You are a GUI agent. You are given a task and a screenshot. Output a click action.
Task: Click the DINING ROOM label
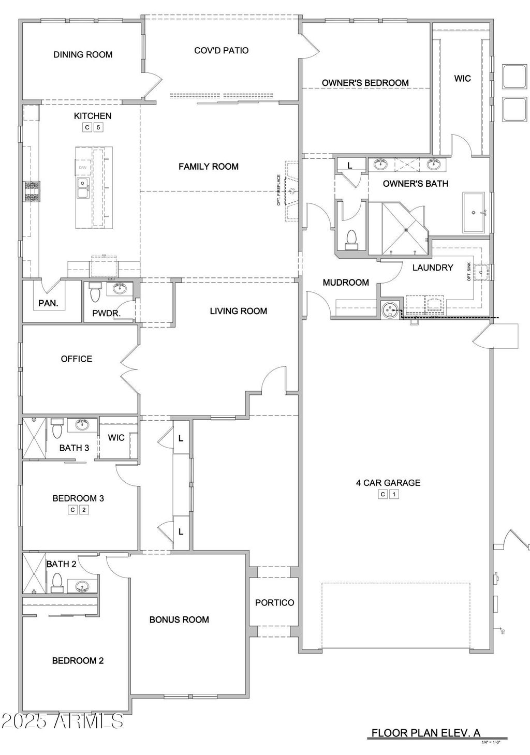(83, 54)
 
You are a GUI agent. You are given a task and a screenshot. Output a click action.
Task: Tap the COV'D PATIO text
(221, 50)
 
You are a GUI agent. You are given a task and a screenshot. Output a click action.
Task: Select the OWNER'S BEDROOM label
(365, 83)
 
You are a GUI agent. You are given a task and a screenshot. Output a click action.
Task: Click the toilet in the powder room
(95, 294)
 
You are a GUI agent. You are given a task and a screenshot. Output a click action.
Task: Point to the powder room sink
(120, 288)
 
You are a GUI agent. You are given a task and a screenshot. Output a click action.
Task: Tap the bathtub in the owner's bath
(473, 213)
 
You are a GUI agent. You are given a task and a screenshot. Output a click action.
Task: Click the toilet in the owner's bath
(351, 239)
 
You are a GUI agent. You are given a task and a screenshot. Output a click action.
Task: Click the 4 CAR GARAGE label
(388, 483)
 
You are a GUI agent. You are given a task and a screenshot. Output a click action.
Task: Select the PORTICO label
(274, 602)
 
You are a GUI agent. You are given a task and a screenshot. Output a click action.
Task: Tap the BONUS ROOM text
(179, 619)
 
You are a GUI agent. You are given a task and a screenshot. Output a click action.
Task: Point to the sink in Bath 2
(81, 587)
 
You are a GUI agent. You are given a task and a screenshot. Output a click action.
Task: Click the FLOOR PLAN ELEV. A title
(426, 732)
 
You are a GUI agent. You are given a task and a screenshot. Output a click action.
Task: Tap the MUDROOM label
(346, 282)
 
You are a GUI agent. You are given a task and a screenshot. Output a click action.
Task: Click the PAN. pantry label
(49, 303)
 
